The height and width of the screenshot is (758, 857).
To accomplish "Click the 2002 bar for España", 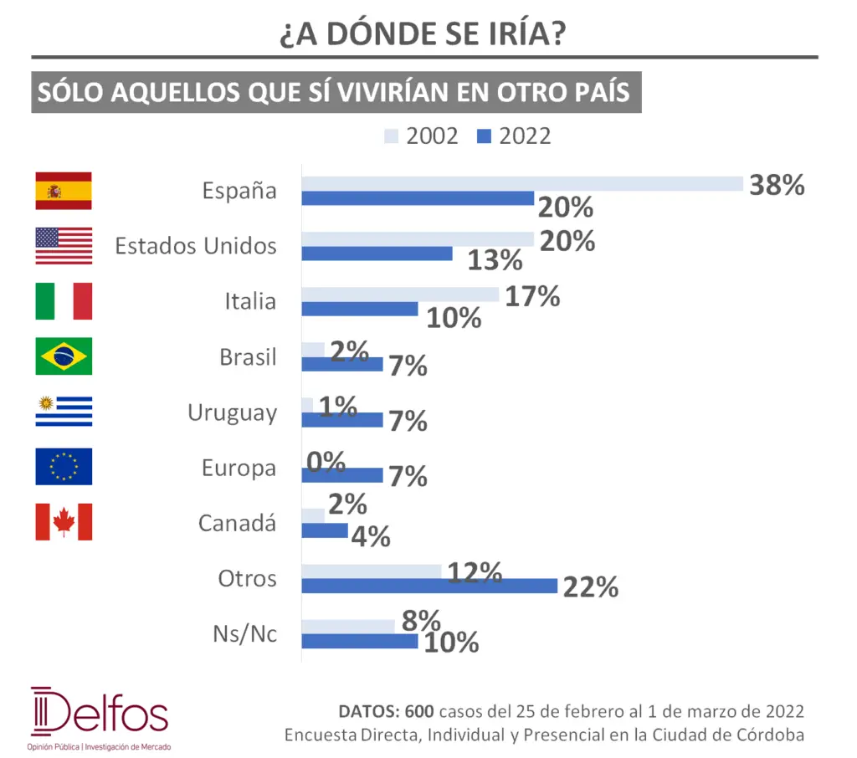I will pos(522,183).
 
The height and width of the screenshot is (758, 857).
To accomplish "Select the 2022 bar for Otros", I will pos(429,586).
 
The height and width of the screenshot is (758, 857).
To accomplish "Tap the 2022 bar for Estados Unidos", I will pos(377,254).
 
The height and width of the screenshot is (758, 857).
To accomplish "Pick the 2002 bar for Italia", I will pos(400,294).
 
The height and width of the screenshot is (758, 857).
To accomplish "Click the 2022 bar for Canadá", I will pos(325,530).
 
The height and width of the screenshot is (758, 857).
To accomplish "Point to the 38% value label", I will pos(777,185).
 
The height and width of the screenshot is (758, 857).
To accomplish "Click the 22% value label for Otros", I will pos(591,587).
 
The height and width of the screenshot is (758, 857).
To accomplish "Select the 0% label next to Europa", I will pos(326,461).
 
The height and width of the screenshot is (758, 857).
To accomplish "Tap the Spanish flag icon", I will pos(64,191).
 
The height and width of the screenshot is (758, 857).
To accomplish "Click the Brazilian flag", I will pos(64,356).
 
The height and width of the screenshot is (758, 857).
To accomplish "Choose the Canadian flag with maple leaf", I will pos(64,522).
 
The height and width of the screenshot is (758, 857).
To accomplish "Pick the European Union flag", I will pos(64,467).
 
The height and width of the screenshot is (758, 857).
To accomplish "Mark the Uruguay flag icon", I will pos(64,412).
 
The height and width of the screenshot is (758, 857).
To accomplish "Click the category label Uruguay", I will pos(232,412).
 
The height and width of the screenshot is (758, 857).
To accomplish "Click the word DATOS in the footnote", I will pos(367,712).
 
